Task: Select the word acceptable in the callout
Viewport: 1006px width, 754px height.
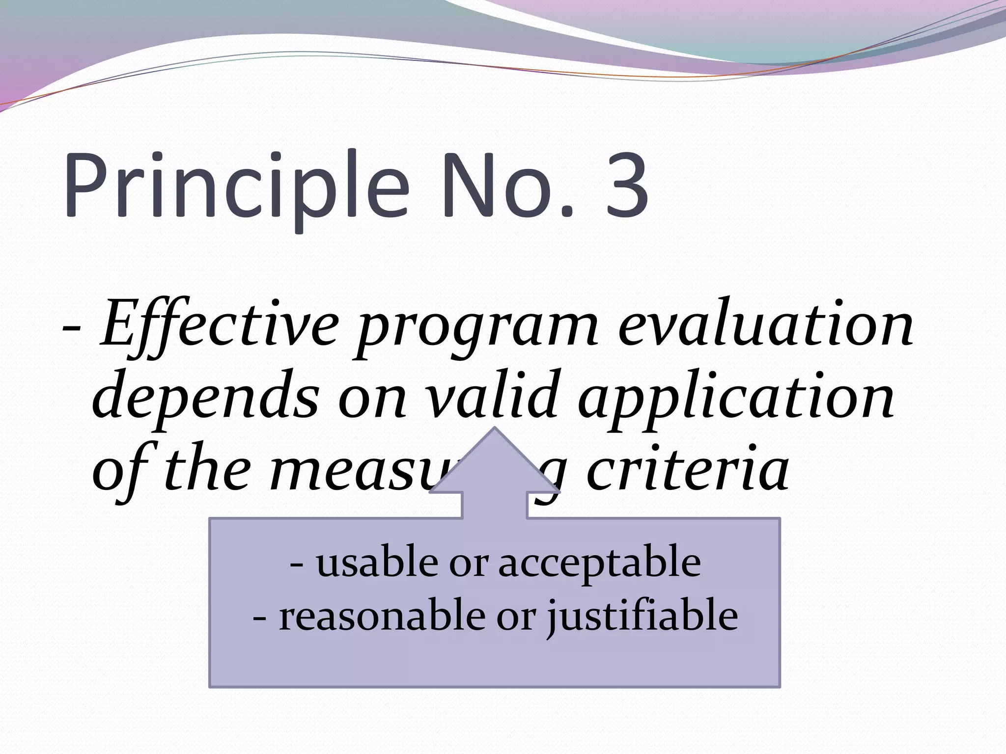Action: coord(600,565)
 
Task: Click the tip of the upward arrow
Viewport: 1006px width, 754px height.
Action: coord(495,428)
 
